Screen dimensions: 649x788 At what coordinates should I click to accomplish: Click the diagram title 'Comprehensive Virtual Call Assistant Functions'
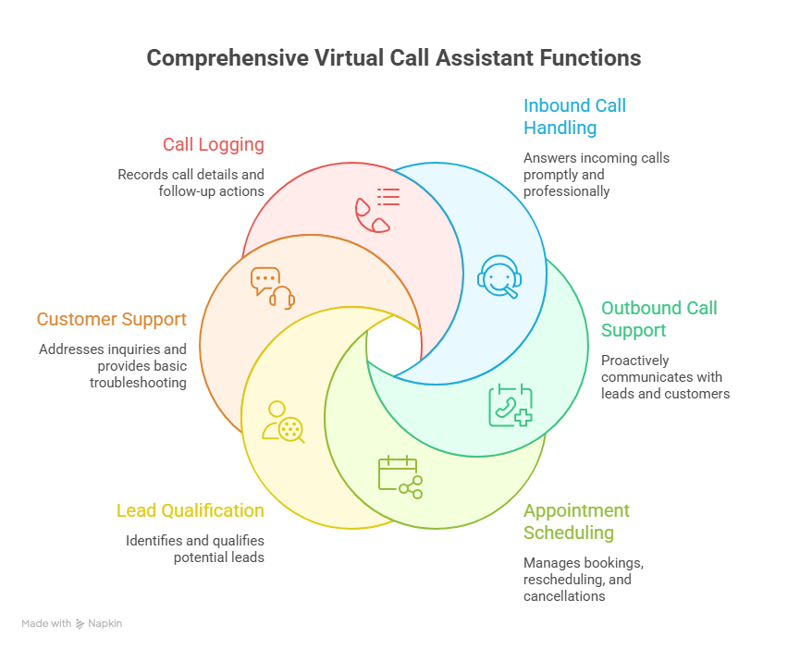(x=393, y=58)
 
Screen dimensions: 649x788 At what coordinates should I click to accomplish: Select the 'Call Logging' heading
(x=214, y=144)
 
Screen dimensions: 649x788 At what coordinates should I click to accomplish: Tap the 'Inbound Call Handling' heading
(x=574, y=116)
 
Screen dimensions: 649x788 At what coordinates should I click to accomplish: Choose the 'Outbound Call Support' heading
(x=659, y=319)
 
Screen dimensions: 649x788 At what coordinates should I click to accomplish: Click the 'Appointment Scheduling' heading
(x=576, y=521)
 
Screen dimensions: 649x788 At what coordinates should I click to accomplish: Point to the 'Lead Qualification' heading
(x=190, y=510)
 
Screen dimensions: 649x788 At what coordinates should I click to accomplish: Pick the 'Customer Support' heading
(x=111, y=319)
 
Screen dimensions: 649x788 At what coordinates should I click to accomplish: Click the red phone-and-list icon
(x=377, y=209)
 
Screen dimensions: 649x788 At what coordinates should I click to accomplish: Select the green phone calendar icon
(x=511, y=405)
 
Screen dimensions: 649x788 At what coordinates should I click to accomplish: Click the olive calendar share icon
(x=400, y=477)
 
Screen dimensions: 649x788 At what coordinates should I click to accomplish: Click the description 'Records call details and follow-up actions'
(x=191, y=183)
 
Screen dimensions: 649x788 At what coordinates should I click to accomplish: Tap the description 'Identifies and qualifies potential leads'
(x=195, y=549)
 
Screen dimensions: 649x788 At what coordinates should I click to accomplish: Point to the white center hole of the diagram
(x=393, y=345)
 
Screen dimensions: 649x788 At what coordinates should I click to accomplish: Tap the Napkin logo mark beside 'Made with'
(x=80, y=624)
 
